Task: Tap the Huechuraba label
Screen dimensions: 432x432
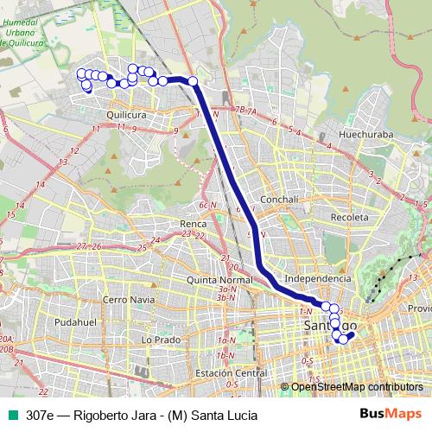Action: (x=366, y=135)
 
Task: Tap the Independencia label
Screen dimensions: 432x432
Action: (x=318, y=278)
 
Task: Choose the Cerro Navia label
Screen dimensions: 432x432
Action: (x=127, y=299)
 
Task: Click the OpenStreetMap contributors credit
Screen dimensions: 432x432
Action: (x=357, y=386)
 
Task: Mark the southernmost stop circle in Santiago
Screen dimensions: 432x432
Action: (x=343, y=339)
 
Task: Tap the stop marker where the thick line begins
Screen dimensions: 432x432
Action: (x=193, y=82)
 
